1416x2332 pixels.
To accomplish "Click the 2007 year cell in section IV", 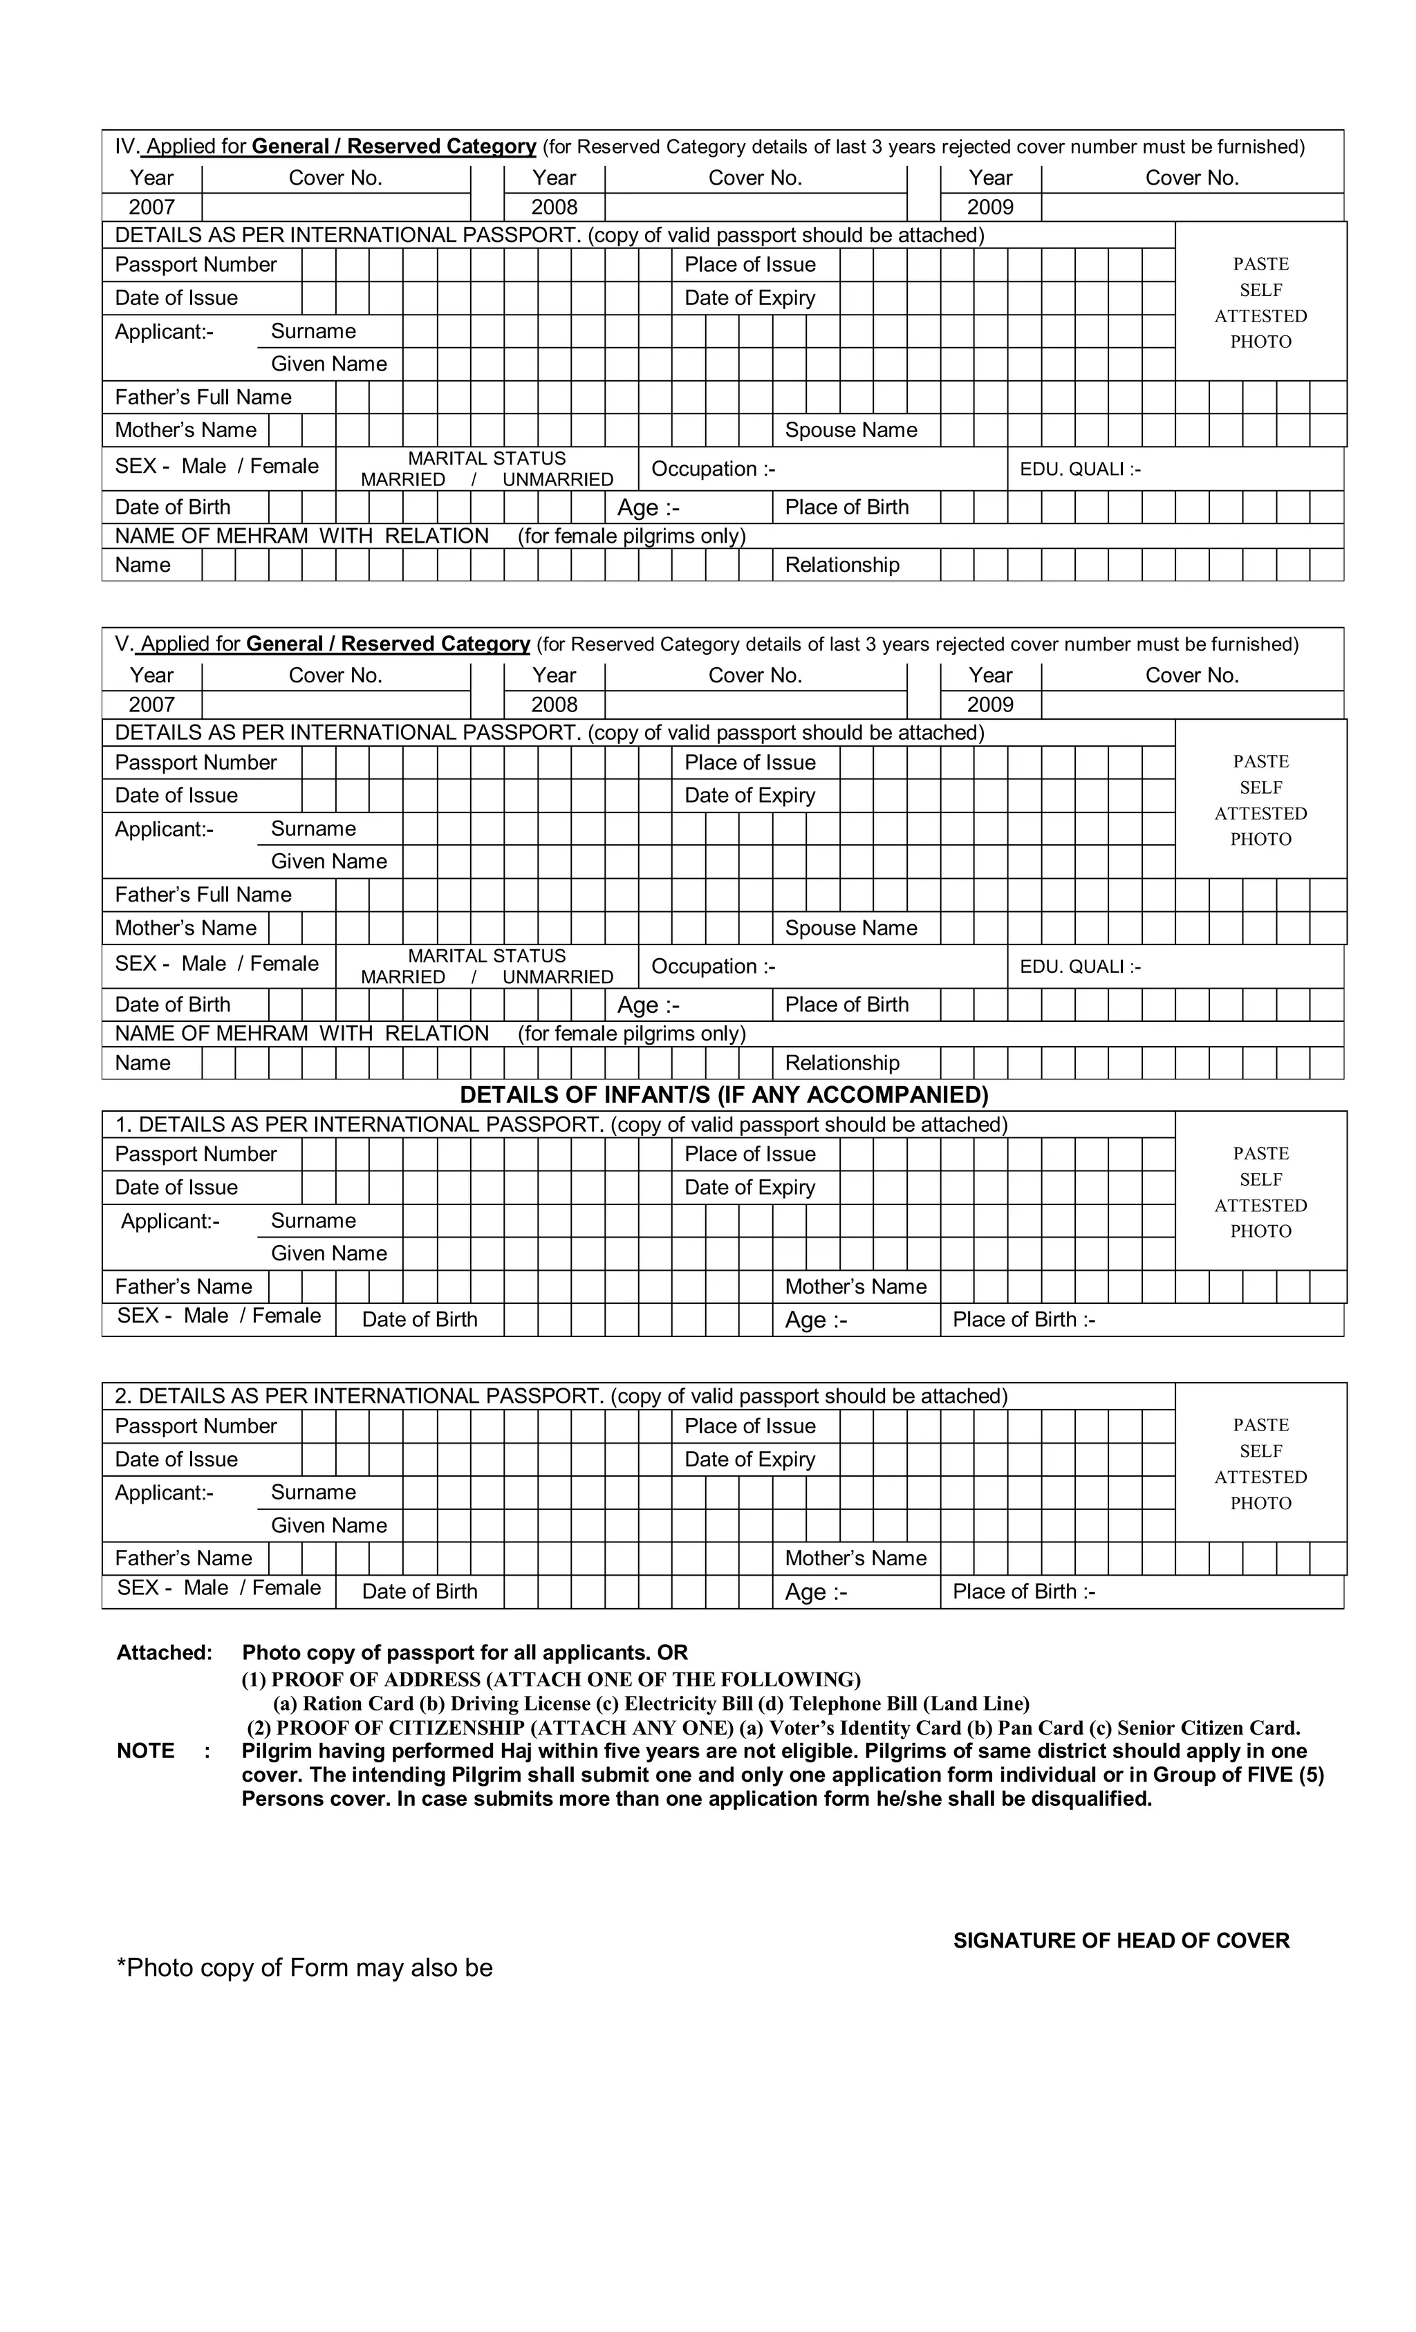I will pyautogui.click(x=151, y=207).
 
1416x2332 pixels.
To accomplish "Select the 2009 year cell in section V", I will pyautogui.click(x=989, y=705).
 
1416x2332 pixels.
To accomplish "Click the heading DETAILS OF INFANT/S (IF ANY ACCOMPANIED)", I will pyautogui.click(x=723, y=1095).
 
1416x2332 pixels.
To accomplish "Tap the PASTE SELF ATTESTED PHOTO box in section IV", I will pyautogui.click(x=1260, y=303).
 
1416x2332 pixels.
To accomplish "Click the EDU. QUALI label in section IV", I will pyautogui.click(x=1079, y=469).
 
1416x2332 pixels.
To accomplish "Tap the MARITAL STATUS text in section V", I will pyautogui.click(x=487, y=956).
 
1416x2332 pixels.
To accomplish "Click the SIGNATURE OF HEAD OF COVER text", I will pyautogui.click(x=1121, y=1940).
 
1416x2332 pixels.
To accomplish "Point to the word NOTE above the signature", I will pyautogui.click(x=146, y=1751).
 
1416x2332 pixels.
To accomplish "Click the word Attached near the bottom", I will pyautogui.click(x=165, y=1652).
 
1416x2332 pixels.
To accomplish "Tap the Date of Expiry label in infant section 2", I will pyautogui.click(x=749, y=1458).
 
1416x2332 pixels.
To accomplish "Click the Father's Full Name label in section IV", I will pyautogui.click(x=203, y=398).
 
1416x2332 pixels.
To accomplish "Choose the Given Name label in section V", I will pyautogui.click(x=328, y=861).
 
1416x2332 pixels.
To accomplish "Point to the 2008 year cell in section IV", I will pyautogui.click(x=554, y=207).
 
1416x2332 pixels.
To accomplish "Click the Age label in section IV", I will pyautogui.click(x=647, y=507).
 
